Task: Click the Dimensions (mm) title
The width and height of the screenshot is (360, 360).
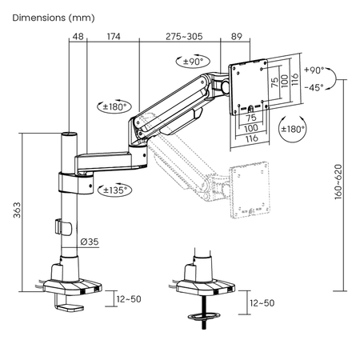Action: [54, 18]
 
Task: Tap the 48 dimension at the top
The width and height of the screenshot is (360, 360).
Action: [78, 36]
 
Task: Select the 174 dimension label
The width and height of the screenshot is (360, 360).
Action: [114, 36]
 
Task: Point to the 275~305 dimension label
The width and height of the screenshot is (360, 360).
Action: [184, 36]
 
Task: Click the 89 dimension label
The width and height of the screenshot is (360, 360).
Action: [237, 36]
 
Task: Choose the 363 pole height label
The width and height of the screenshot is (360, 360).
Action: [17, 210]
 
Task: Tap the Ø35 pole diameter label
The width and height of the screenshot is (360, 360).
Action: [90, 242]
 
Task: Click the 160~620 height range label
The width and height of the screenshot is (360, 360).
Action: [338, 182]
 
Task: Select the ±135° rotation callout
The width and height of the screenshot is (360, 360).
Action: [114, 190]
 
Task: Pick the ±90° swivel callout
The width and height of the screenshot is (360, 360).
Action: [193, 62]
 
